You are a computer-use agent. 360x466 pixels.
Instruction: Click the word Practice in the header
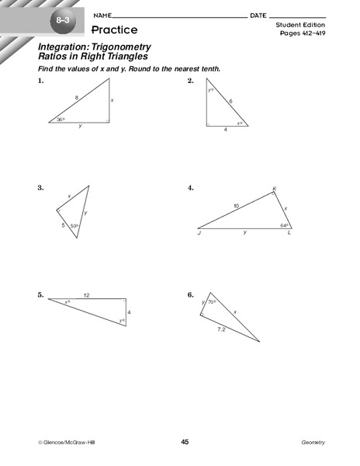pos(114,30)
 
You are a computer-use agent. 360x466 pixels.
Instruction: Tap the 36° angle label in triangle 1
pos(60,120)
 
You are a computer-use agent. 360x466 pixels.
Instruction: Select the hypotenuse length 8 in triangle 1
pos(77,97)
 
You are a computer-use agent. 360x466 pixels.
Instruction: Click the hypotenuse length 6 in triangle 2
pos(230,101)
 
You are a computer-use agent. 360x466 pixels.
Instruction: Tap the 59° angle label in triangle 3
pos(74,226)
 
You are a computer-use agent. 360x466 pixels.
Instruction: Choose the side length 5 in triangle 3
pos(63,224)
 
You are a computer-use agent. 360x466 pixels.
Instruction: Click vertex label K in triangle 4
pos(274,189)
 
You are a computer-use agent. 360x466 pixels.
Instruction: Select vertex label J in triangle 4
pos(199,233)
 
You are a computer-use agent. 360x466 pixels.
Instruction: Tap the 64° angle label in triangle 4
pos(284,226)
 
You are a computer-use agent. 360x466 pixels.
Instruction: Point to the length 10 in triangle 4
pos(236,206)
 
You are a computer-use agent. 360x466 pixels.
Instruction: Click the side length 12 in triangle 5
pos(87,295)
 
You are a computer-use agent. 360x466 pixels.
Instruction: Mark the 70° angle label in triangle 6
pos(212,302)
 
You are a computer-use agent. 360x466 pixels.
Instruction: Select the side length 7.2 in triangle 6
pos(221,329)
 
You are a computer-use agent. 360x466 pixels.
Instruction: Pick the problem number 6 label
pos(190,295)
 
